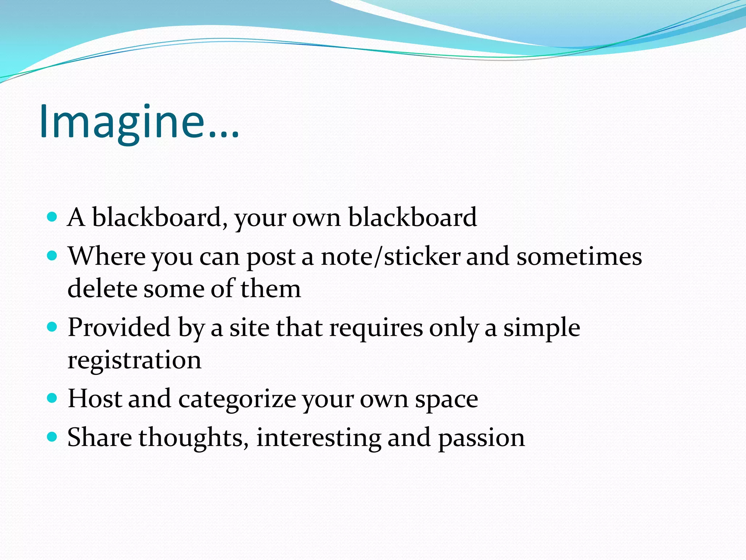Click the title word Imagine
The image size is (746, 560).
[138, 122]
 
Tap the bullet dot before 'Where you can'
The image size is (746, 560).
[52, 256]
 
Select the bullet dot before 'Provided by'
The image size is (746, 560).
[52, 327]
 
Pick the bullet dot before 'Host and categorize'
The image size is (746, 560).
[52, 398]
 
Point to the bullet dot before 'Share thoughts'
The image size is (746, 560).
[52, 437]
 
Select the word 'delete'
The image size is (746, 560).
[102, 288]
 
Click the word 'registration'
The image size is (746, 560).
[134, 360]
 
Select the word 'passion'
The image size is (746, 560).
[481, 438]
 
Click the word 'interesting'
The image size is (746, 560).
[319, 438]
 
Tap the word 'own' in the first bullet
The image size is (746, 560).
[316, 218]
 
